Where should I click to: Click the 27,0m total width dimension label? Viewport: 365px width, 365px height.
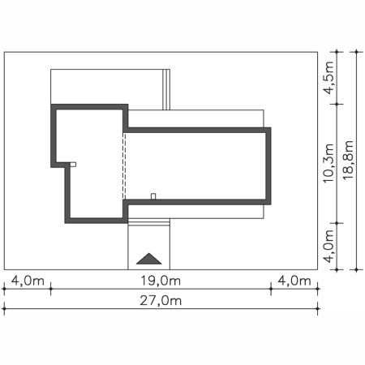click(x=161, y=301)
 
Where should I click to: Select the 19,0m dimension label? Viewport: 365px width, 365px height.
click(x=161, y=281)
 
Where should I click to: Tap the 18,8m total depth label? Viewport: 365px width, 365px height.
click(x=348, y=160)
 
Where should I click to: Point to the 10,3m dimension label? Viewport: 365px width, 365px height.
click(x=328, y=163)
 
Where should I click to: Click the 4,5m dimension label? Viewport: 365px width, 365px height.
click(x=328, y=78)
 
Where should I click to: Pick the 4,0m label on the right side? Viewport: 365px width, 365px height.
click(x=328, y=247)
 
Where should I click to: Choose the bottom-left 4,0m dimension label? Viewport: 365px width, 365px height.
click(x=28, y=281)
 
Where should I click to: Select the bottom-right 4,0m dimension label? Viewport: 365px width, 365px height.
click(x=294, y=281)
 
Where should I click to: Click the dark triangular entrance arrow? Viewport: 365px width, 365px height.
click(x=149, y=259)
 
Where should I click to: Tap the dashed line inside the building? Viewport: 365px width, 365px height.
click(x=124, y=166)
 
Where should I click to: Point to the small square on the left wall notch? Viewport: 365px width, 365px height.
click(x=73, y=165)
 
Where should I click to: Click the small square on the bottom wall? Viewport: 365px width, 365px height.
click(x=153, y=196)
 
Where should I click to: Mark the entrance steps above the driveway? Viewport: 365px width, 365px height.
click(x=149, y=222)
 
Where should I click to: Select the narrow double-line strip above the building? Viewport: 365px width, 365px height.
click(x=166, y=89)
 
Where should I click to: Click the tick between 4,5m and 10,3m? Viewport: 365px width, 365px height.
click(x=337, y=104)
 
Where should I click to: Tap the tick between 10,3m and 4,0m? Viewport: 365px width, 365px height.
click(x=337, y=223)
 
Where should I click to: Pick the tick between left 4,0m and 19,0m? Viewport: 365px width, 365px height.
click(x=50, y=289)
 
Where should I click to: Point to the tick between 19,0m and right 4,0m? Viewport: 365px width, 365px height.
click(x=271, y=289)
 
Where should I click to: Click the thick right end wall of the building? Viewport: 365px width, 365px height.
click(x=268, y=166)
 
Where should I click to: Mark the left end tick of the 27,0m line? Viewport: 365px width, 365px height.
click(x=4, y=308)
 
